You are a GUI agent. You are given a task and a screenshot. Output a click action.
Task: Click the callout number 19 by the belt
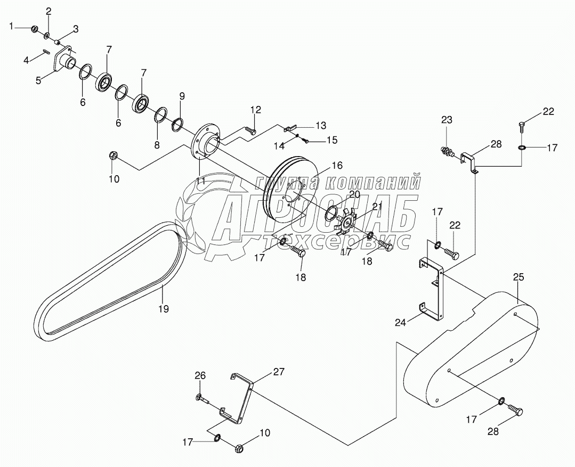(164, 309)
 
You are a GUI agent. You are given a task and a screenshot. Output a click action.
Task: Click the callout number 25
(519, 277)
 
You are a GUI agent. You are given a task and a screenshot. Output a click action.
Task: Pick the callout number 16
(337, 166)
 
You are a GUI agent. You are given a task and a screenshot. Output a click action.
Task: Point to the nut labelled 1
(34, 28)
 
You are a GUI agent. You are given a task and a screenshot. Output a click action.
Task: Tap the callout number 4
(26, 60)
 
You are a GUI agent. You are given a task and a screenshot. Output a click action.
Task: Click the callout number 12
(256, 110)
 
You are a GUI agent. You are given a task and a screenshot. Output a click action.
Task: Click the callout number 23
(446, 120)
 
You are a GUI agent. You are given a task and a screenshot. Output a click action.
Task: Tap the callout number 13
(320, 126)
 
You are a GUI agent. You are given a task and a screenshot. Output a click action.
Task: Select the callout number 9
(182, 96)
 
